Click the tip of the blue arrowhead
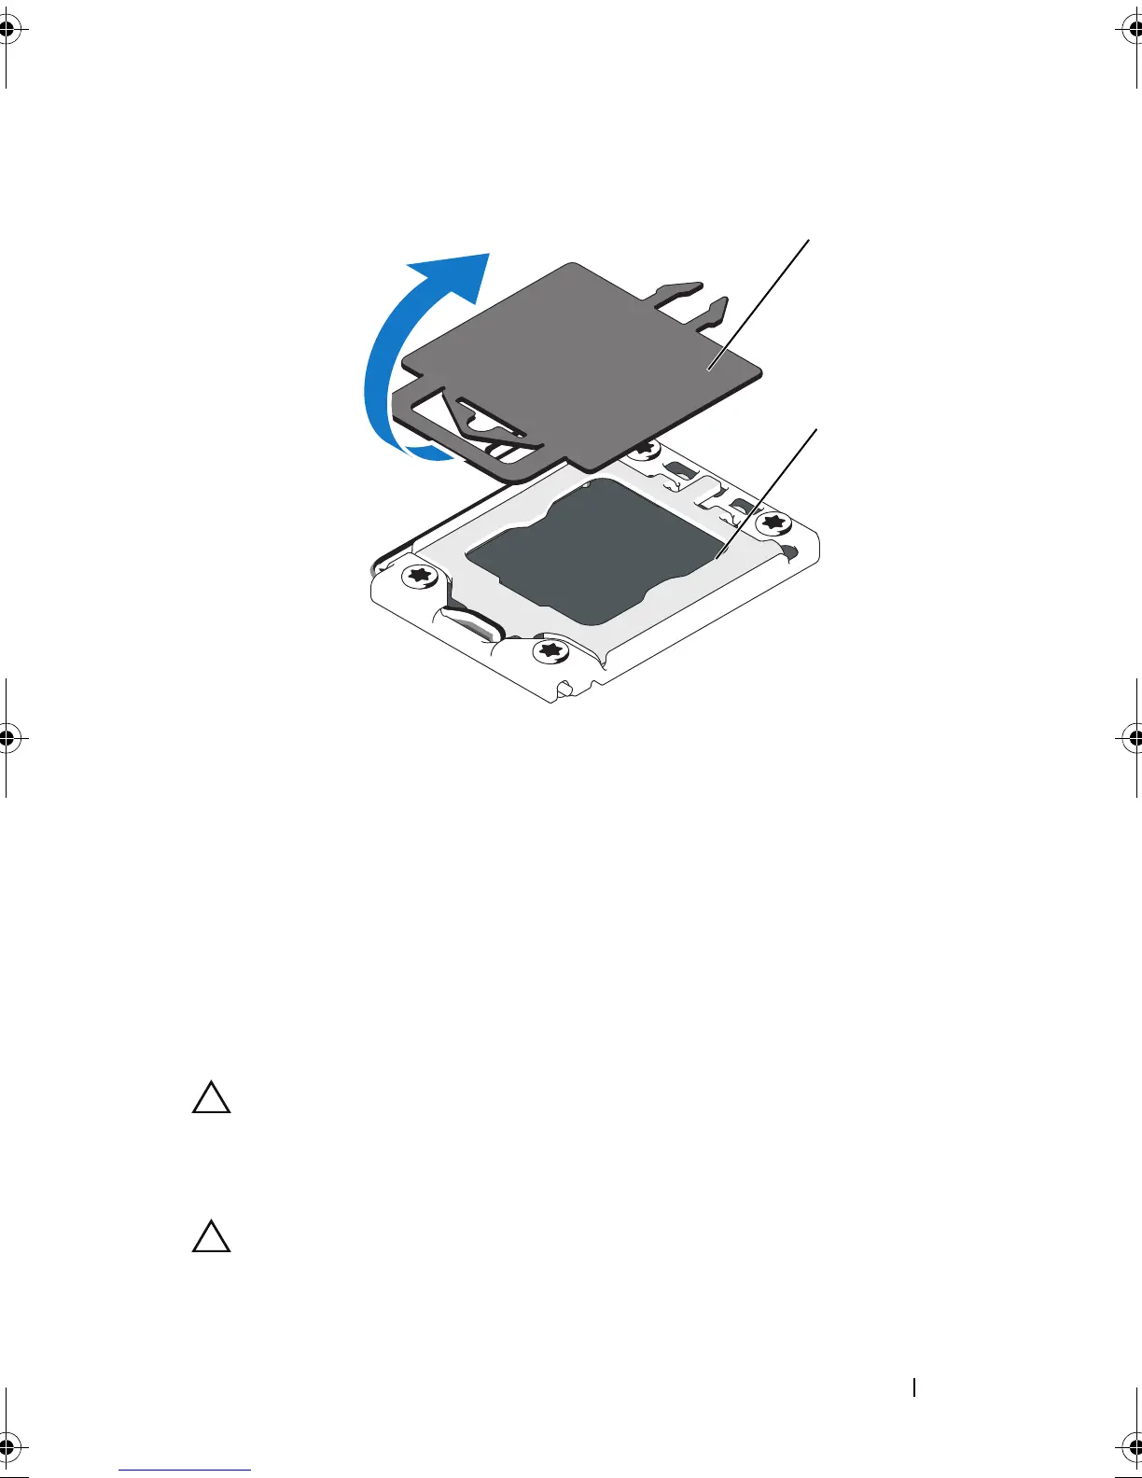(x=488, y=254)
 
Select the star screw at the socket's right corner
(x=771, y=522)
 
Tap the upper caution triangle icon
(x=212, y=1098)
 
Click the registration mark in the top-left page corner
(x=7, y=31)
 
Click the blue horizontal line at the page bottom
(x=185, y=1471)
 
